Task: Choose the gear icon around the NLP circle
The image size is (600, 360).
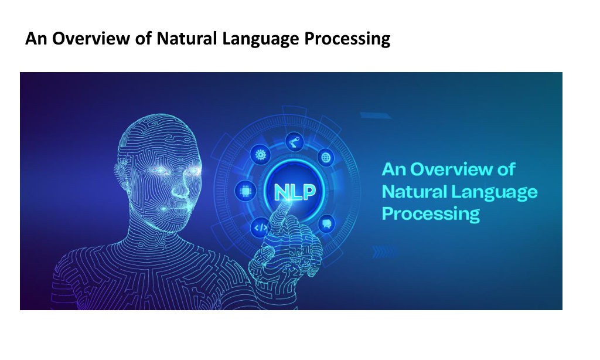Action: [261, 155]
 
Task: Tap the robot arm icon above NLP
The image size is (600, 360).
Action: [295, 142]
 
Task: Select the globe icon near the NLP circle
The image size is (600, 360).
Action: [326, 157]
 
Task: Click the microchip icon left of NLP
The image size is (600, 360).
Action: [246, 191]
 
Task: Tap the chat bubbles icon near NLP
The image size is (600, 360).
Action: [326, 223]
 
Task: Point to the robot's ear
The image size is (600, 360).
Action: [121, 174]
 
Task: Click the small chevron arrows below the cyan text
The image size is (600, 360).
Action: [383, 252]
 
